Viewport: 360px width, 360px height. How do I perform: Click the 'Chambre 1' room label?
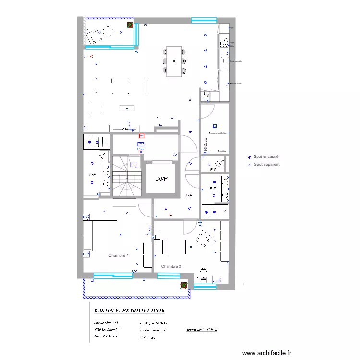(x=118, y=255)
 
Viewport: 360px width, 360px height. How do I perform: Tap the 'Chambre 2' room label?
(x=171, y=266)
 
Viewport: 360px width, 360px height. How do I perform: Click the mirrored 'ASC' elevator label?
(x=161, y=179)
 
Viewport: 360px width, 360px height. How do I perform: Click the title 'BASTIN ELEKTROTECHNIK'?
(x=130, y=311)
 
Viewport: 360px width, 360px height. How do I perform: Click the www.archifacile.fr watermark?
(x=267, y=353)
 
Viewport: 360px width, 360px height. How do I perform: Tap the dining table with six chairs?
(x=174, y=61)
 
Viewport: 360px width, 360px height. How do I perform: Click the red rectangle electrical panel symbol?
(x=141, y=136)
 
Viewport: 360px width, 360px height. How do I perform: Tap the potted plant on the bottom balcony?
(x=184, y=286)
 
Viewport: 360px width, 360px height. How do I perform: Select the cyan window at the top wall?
(x=204, y=20)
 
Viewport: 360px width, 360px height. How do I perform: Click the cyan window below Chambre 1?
(x=113, y=276)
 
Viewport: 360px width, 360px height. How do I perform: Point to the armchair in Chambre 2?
(x=204, y=239)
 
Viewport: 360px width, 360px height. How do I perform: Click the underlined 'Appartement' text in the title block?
(x=194, y=330)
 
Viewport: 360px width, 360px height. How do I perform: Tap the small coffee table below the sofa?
(x=127, y=108)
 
